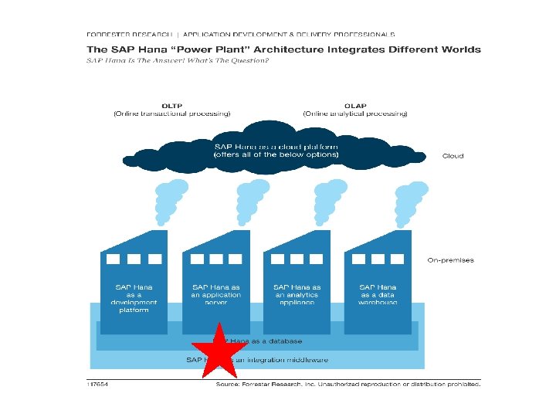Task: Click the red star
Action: coord(222,351)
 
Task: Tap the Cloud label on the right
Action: coord(453,156)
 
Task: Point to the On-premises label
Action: coord(450,260)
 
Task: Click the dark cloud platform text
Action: coord(276,151)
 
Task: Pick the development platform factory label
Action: coord(134,299)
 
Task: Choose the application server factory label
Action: coord(216,295)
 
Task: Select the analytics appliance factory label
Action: coord(297,295)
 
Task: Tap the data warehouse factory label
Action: coord(378,295)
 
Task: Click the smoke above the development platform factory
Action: coord(171,202)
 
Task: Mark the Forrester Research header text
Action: coord(132,34)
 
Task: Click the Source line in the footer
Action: coord(347,383)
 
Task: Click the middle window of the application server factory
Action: coord(215,259)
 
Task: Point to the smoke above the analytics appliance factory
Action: coord(328,202)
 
